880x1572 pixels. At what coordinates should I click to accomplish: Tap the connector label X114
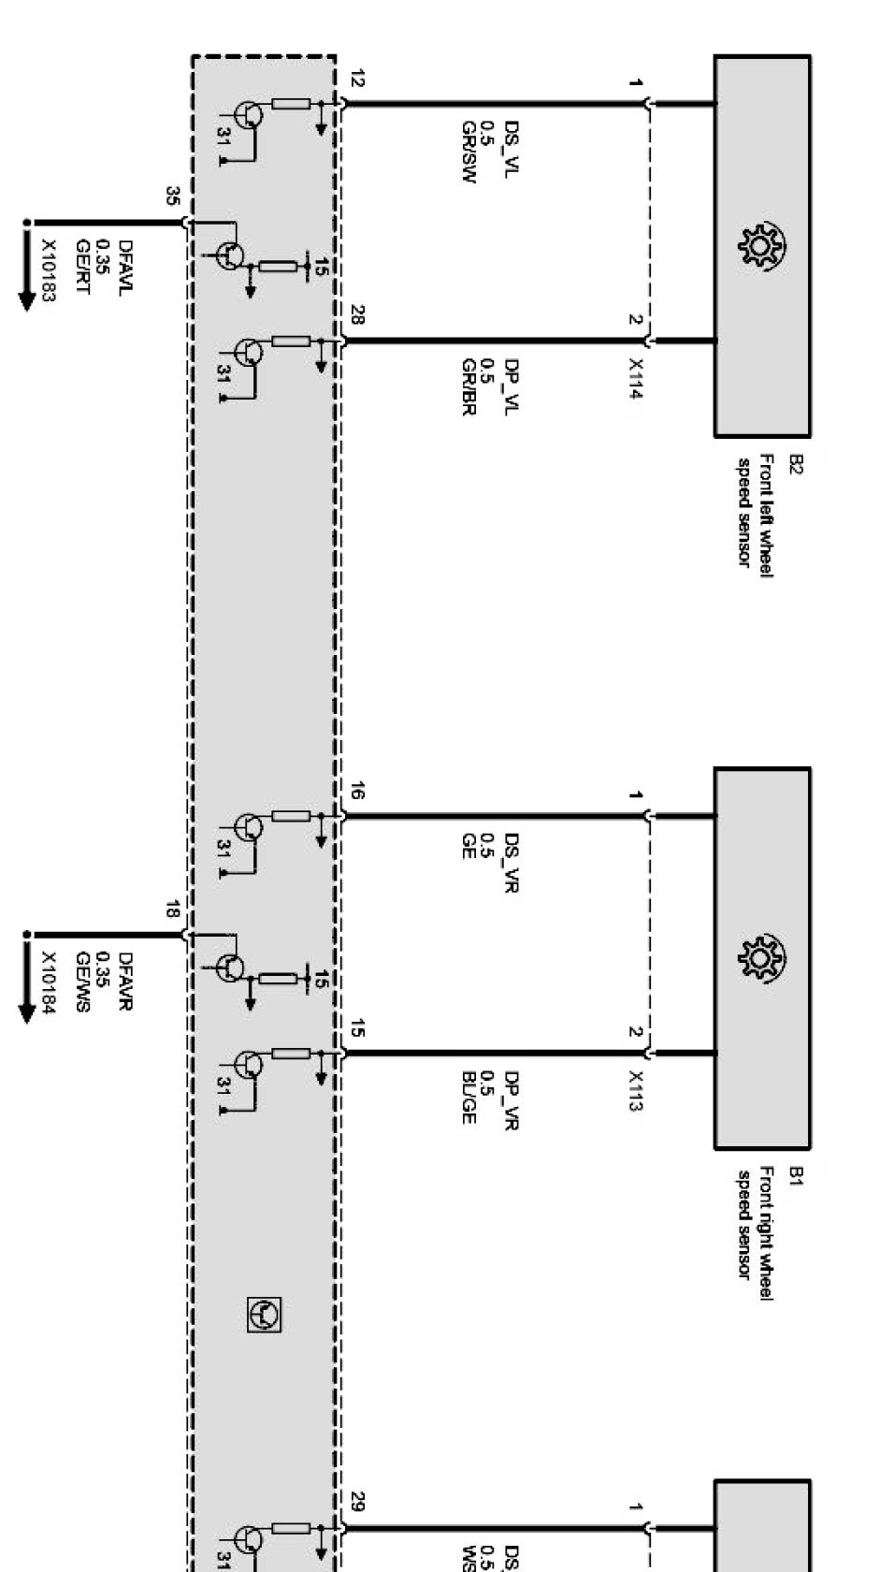click(x=637, y=379)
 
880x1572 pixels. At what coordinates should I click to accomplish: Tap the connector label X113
click(x=637, y=1090)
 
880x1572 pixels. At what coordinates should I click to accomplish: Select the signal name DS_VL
click(x=512, y=147)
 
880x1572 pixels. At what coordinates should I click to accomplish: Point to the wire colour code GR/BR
click(x=469, y=386)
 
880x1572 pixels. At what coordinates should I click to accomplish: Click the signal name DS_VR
click(x=512, y=861)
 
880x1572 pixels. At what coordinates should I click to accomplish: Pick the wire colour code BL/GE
click(x=469, y=1097)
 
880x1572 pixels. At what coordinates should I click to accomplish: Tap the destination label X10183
click(x=49, y=271)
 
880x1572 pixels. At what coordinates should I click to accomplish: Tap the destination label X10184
click(x=49, y=982)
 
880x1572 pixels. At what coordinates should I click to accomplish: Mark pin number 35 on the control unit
click(x=172, y=196)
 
